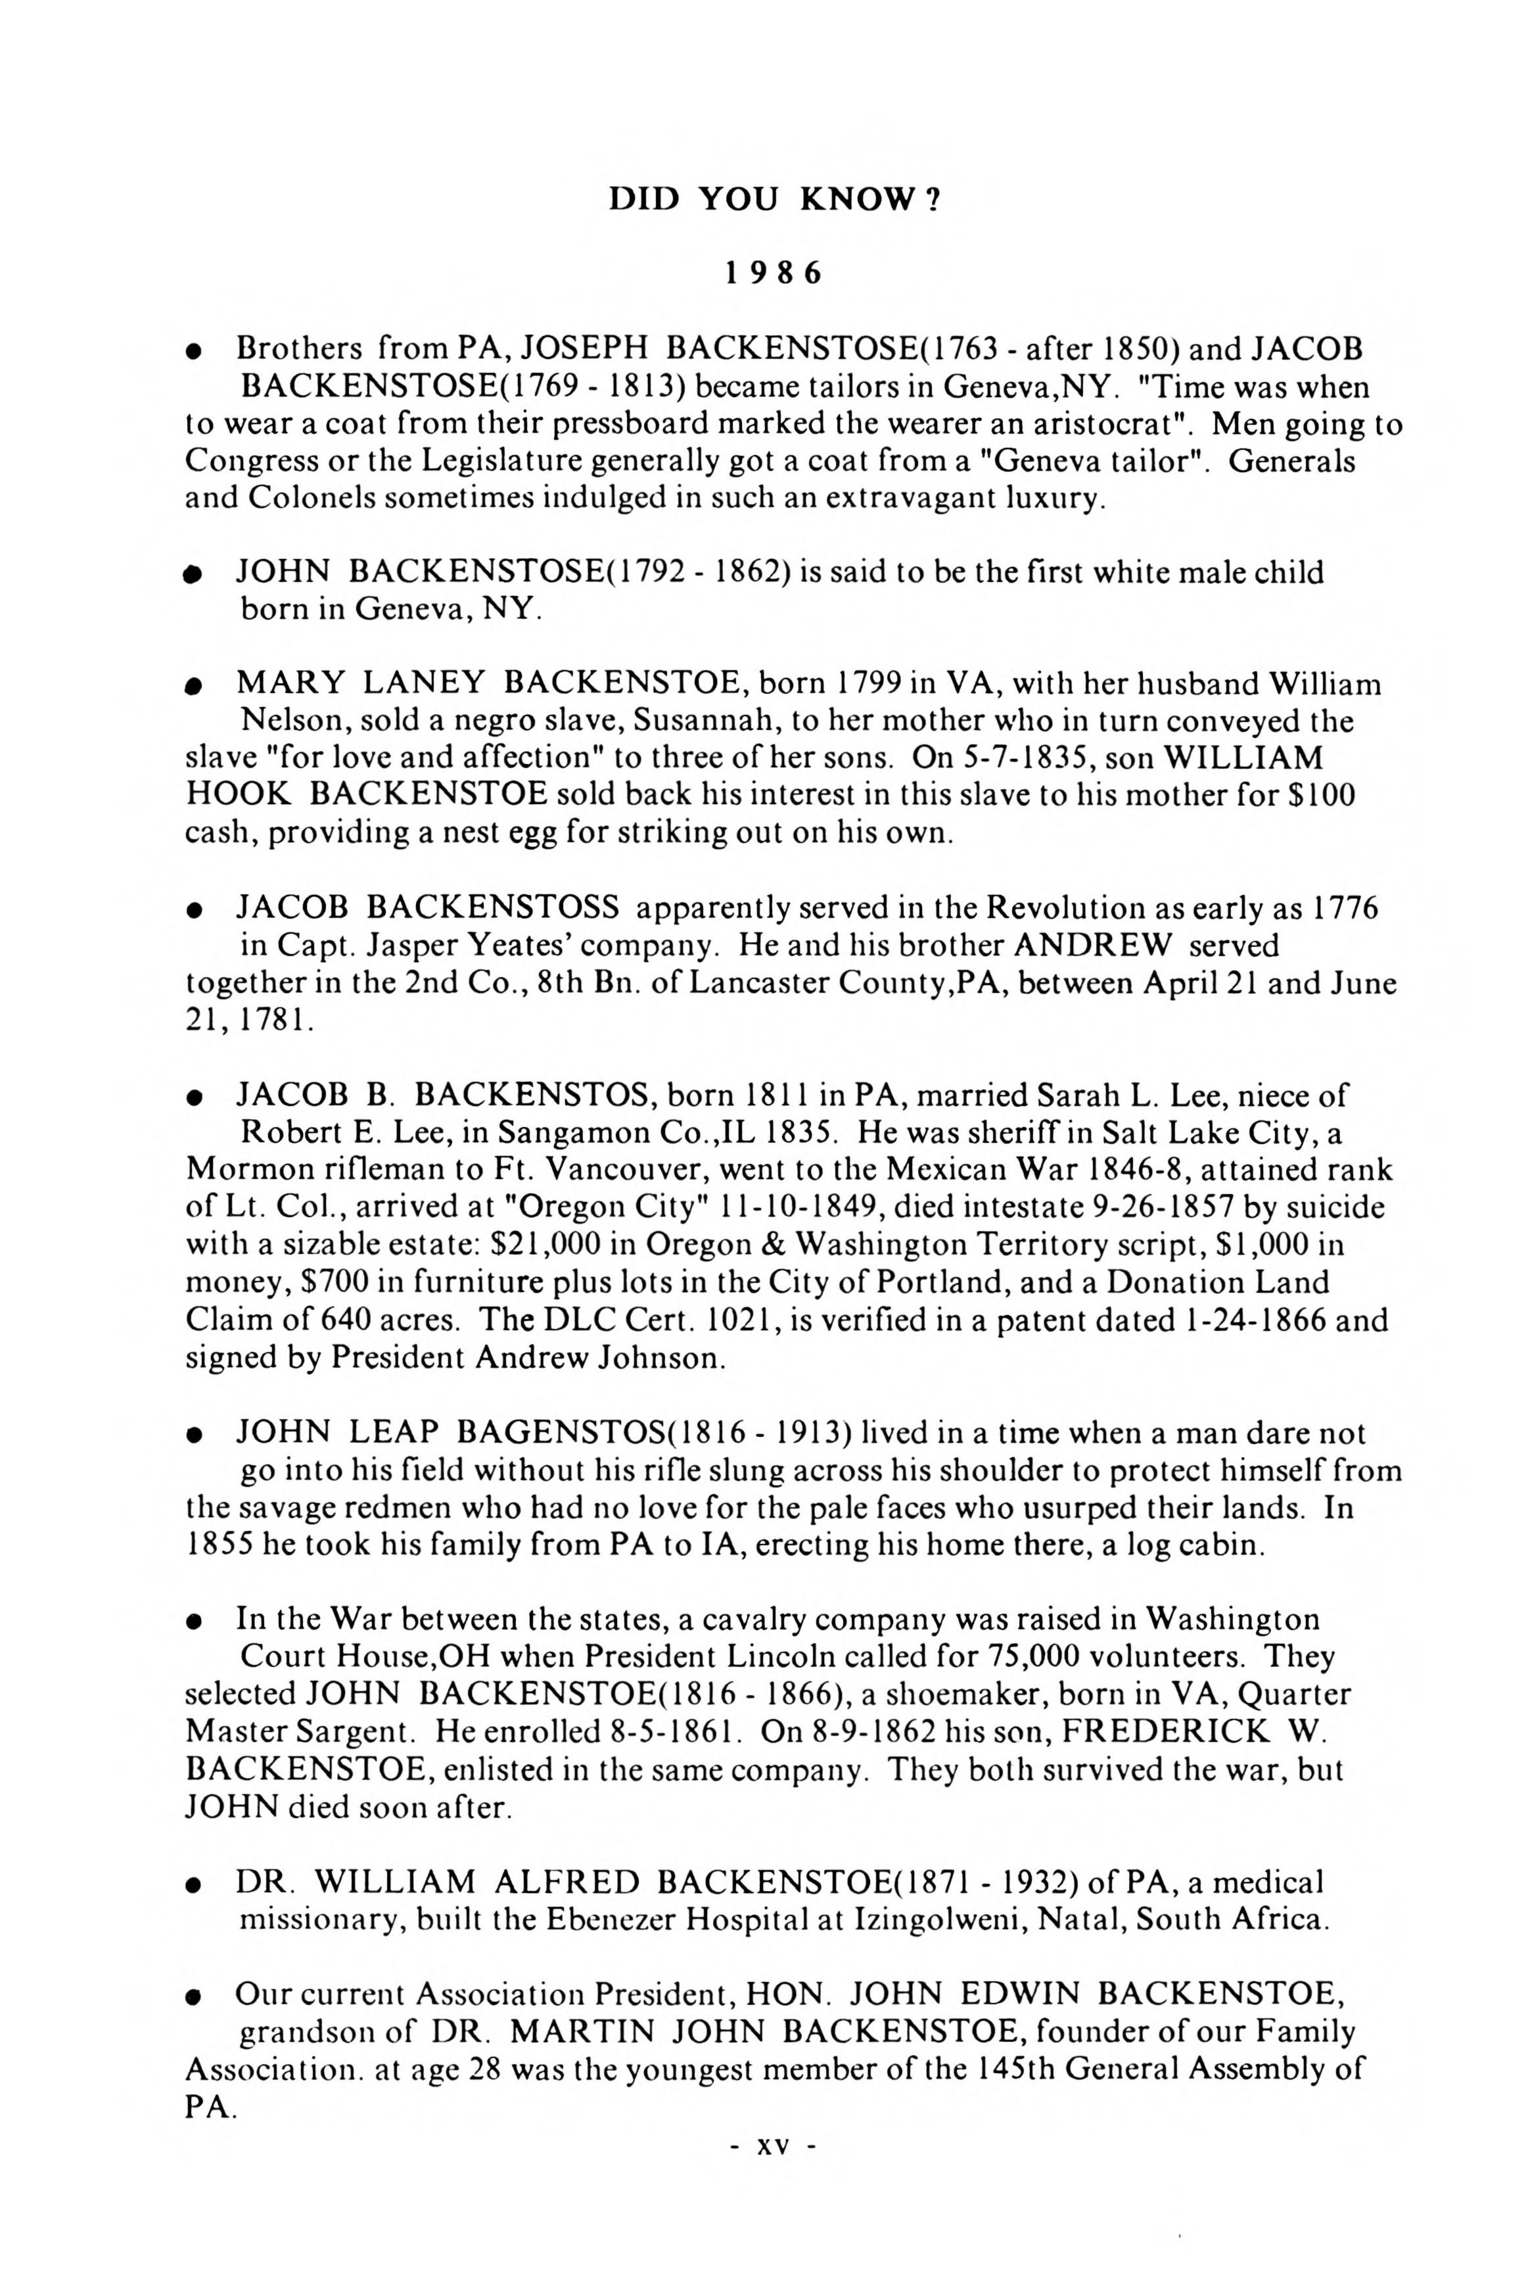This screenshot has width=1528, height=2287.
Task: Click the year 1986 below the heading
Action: (773, 274)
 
